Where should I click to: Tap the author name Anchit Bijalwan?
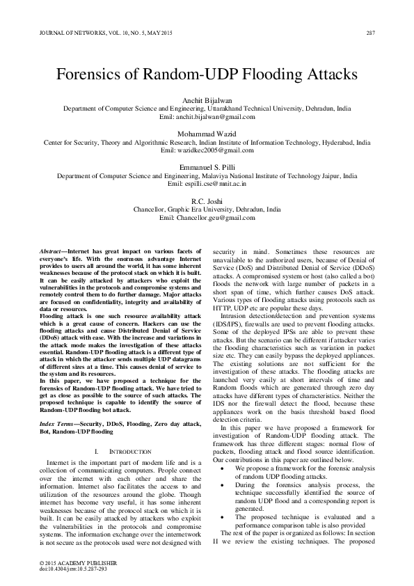tap(207, 100)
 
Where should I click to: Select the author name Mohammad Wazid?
tap(207, 133)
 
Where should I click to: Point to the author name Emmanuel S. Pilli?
tap(207, 167)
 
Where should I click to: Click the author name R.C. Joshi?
tap(207, 200)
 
